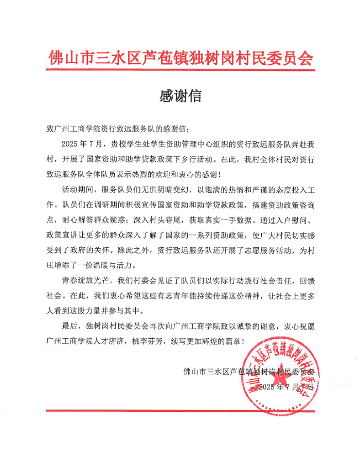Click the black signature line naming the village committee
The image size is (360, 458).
251,371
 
